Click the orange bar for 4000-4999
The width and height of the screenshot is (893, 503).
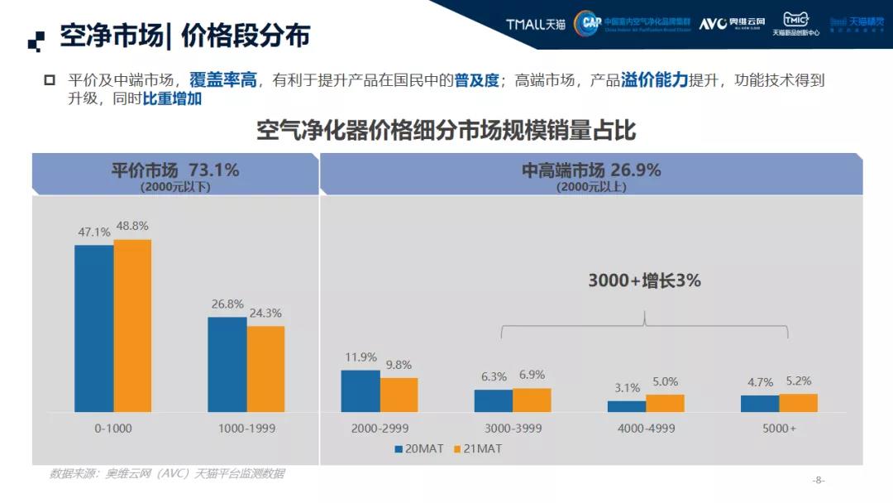(665, 403)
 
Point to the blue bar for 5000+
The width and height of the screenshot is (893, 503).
(759, 404)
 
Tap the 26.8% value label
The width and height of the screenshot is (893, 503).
(227, 304)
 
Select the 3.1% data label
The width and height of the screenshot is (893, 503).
(627, 387)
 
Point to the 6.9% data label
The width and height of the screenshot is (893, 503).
(532, 375)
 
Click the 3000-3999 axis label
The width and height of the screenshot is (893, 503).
(513, 429)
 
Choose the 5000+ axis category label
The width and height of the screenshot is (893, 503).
(779, 429)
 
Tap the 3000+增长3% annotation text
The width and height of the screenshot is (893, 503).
(644, 280)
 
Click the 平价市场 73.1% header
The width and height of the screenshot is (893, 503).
(175, 170)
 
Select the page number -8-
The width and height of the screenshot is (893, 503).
(819, 480)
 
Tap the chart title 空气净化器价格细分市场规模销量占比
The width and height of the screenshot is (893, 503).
(446, 132)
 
